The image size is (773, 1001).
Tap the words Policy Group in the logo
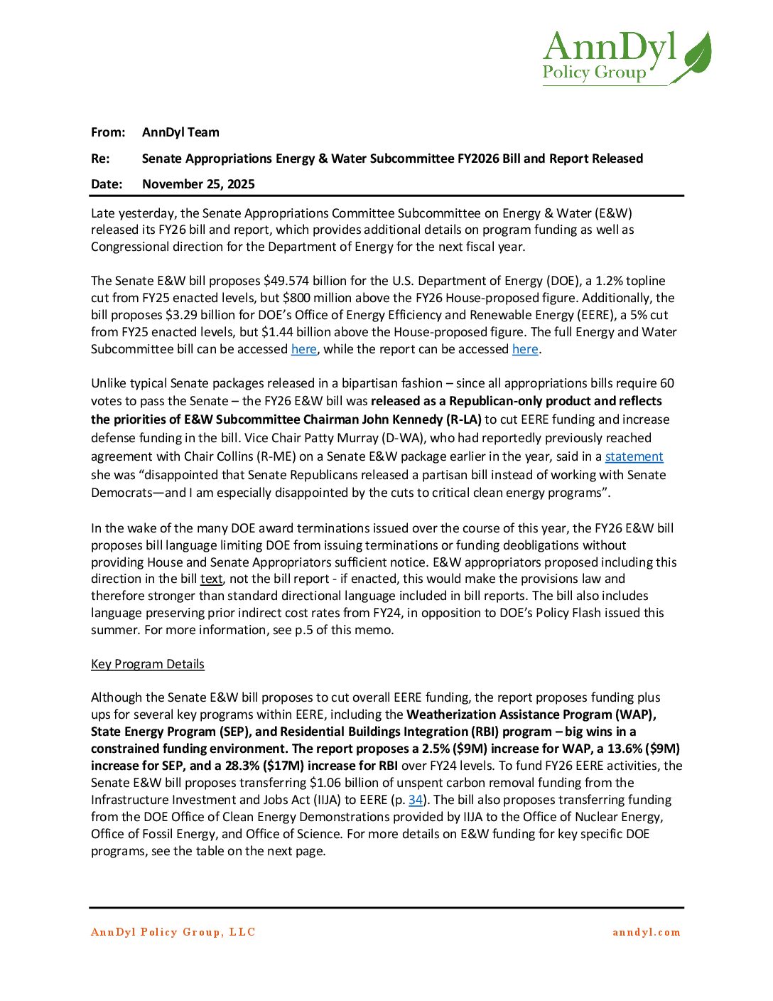point(594,73)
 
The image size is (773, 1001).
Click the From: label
point(108,132)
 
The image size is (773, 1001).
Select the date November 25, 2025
point(198,184)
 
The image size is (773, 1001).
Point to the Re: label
point(100,159)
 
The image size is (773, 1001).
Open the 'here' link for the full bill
point(304,349)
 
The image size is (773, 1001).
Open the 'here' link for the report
point(525,349)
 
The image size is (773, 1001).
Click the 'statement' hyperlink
point(634,456)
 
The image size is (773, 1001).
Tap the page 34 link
point(416,800)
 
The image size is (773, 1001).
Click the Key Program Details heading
point(148,664)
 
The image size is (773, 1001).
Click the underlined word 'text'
point(211,579)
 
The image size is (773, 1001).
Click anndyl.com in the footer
point(646,932)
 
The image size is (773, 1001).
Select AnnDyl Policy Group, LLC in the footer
point(173,932)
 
